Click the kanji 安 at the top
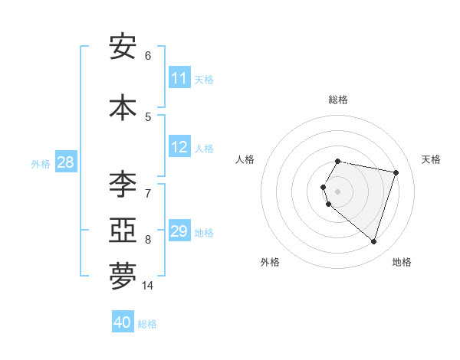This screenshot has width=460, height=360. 123,47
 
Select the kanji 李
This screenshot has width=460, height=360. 123,185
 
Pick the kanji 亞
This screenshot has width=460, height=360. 123,230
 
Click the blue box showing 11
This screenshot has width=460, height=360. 179,78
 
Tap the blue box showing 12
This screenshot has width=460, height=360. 179,148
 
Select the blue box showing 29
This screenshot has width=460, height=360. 179,231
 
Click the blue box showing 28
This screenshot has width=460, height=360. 65,162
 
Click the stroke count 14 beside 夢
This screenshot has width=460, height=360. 147,286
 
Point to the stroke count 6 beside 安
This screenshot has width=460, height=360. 148,56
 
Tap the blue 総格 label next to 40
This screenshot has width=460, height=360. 147,324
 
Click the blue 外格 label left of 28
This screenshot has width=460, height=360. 41,163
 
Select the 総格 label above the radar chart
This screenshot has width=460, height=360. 337,100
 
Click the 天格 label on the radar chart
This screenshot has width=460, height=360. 431,159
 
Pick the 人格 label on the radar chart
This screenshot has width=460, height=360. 245,159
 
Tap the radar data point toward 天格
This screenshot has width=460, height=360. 396,172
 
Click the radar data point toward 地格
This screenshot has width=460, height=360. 373,242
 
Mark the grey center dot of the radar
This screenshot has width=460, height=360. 337,191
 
